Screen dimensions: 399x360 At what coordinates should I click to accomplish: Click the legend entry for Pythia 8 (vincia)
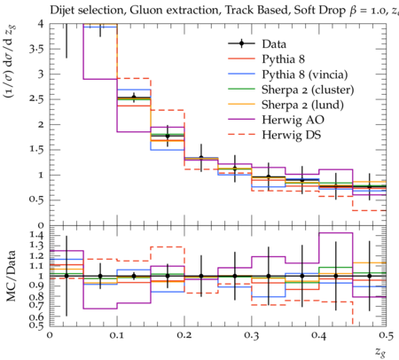(x=304, y=74)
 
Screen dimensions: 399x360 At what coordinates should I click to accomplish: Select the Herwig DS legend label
(x=291, y=135)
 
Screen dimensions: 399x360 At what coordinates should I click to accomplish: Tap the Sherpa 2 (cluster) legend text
(x=308, y=90)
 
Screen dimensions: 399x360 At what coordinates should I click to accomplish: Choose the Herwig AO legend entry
(x=293, y=120)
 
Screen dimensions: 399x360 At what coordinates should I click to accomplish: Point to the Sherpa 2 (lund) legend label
(x=302, y=105)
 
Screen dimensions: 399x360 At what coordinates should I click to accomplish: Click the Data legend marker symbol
(x=241, y=43)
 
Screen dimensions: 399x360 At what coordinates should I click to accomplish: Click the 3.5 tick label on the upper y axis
(x=36, y=49)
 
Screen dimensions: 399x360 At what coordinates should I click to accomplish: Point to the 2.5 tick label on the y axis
(x=36, y=99)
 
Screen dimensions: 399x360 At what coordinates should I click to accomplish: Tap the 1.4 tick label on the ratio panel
(x=36, y=235)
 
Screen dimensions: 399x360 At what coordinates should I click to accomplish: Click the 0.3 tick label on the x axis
(x=252, y=335)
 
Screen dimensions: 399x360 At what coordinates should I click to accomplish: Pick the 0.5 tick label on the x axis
(x=386, y=335)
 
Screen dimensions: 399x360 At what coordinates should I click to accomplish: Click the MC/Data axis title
(x=11, y=276)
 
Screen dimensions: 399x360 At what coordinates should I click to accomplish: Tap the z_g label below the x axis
(x=380, y=352)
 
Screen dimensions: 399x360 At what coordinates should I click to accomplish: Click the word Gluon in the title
(x=145, y=10)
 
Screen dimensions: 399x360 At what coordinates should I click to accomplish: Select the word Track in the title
(x=239, y=10)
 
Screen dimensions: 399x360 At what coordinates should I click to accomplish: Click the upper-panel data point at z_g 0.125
(x=134, y=98)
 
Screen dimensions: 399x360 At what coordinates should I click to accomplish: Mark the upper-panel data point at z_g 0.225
(x=201, y=158)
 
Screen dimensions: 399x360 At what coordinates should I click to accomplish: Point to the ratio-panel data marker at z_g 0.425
(x=336, y=276)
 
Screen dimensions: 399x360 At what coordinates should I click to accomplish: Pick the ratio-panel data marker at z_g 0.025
(x=66, y=276)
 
